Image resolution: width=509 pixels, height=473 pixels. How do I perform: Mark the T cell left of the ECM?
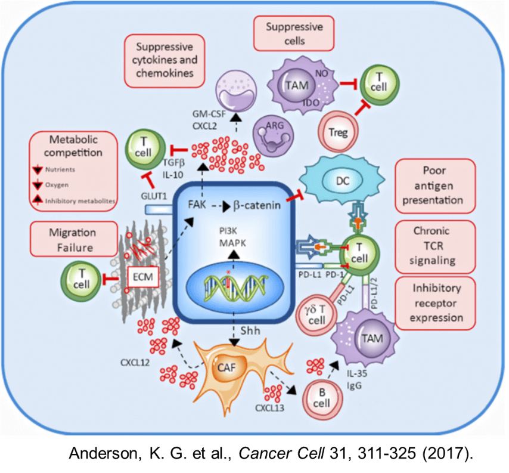coord(81,279)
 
